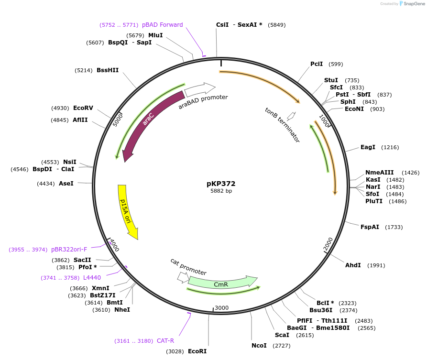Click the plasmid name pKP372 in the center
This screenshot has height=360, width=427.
coord(221,183)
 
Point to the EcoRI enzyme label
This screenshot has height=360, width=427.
coord(197,351)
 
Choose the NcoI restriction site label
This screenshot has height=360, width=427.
coord(259,345)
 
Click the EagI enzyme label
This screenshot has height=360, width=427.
coord(368,147)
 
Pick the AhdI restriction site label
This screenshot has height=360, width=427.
coord(353,265)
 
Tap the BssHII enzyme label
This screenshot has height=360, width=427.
coord(108,70)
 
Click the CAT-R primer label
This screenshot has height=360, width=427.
coord(165,341)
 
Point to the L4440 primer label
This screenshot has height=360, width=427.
coord(91,277)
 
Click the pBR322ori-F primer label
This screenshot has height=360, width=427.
coord(69,250)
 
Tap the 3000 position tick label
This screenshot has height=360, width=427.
coord(222,307)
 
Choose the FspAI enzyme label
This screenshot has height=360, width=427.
coord(370,227)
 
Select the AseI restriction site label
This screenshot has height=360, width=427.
coord(66,183)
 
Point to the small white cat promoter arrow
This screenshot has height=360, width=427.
coord(183,277)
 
